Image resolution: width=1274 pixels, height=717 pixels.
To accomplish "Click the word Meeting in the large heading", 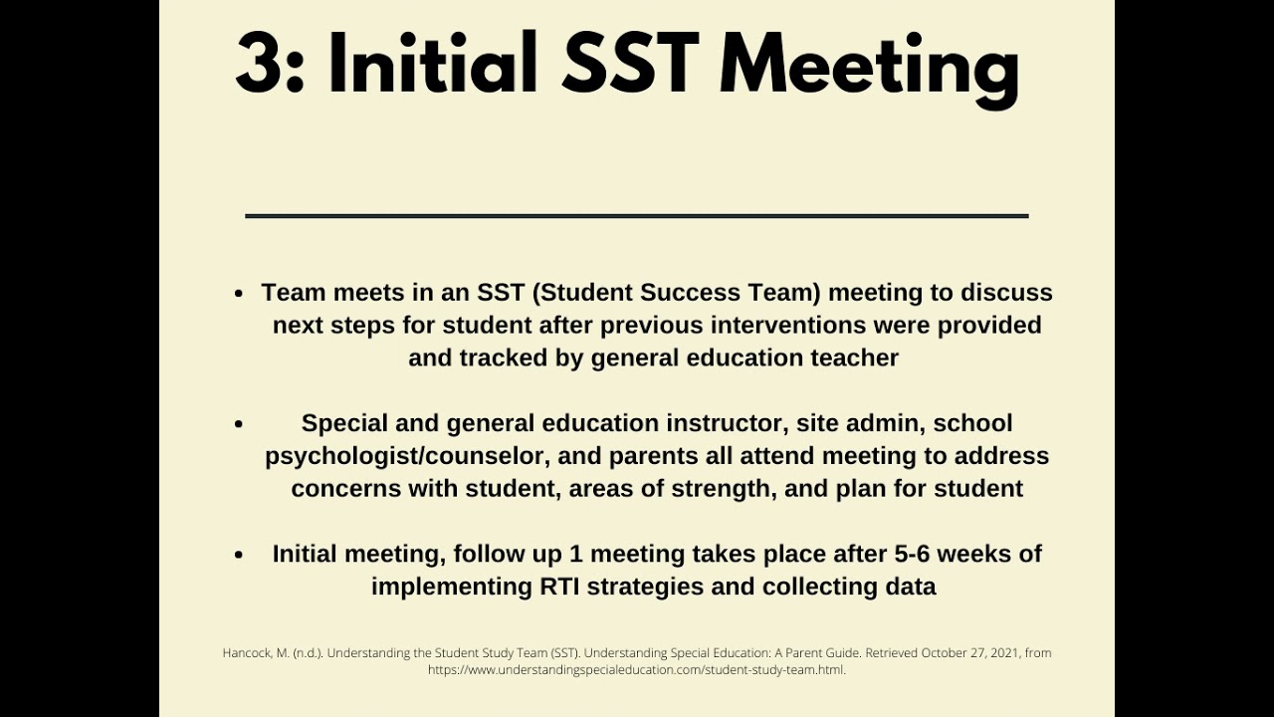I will click(x=869, y=66).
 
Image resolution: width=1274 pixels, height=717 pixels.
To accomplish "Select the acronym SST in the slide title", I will click(x=629, y=64).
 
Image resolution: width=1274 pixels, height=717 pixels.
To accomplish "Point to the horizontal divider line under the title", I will click(x=636, y=215).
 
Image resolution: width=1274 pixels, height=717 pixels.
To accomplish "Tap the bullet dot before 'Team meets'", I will click(x=239, y=294).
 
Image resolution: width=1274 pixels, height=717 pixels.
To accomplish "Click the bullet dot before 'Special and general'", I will click(x=239, y=424).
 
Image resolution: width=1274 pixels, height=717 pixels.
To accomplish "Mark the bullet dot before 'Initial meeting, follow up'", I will click(x=239, y=555).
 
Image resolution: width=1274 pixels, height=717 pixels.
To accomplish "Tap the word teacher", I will click(x=853, y=358).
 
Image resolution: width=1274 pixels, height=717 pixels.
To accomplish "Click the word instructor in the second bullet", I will click(x=724, y=423).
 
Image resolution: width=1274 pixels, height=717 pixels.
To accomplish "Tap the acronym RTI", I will click(x=560, y=587).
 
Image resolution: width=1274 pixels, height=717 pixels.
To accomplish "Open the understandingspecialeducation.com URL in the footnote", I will click(x=636, y=670).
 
